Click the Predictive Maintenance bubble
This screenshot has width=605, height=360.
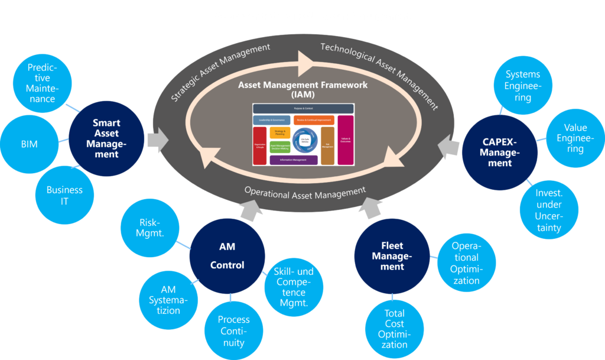click(x=42, y=83)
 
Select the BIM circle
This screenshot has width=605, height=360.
click(x=29, y=144)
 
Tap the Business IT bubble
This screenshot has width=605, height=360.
click(x=64, y=195)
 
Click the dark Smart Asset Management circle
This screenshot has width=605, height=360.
click(x=106, y=138)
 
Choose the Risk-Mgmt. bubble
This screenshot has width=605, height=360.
click(x=151, y=228)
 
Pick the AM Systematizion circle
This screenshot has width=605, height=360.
click(x=168, y=299)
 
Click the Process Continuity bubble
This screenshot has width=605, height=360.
click(x=233, y=330)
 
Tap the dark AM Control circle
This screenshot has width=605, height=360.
click(x=227, y=256)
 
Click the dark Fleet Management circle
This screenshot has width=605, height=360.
click(x=392, y=257)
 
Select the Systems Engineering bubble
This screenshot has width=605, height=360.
click(x=522, y=86)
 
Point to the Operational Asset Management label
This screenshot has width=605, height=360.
click(x=305, y=192)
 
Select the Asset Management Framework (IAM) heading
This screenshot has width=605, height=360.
click(x=302, y=89)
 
